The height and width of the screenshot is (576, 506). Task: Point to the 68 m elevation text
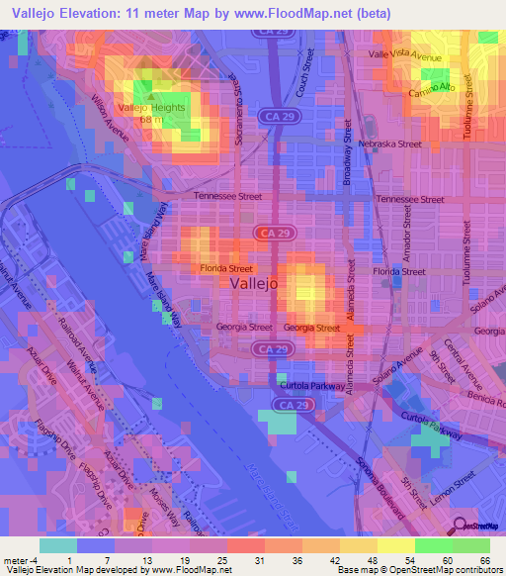tap(151, 119)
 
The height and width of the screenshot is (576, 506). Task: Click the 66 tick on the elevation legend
tap(486, 559)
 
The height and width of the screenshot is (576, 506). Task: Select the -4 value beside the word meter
tap(36, 559)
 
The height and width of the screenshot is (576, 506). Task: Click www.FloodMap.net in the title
tap(305, 13)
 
